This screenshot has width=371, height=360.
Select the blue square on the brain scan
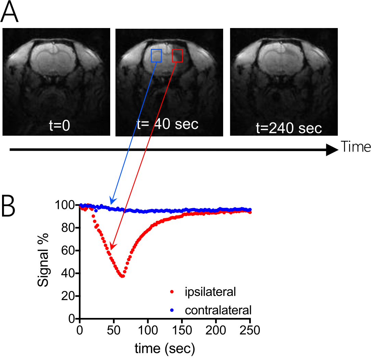point(156,55)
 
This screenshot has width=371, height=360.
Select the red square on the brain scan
point(177,55)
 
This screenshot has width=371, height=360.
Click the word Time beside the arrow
point(356,147)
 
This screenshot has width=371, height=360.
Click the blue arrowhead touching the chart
point(112,201)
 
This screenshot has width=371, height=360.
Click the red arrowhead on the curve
point(112,246)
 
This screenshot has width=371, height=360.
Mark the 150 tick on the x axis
point(182,331)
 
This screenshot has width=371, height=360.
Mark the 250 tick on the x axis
point(250,331)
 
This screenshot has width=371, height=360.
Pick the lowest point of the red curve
point(122,276)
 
